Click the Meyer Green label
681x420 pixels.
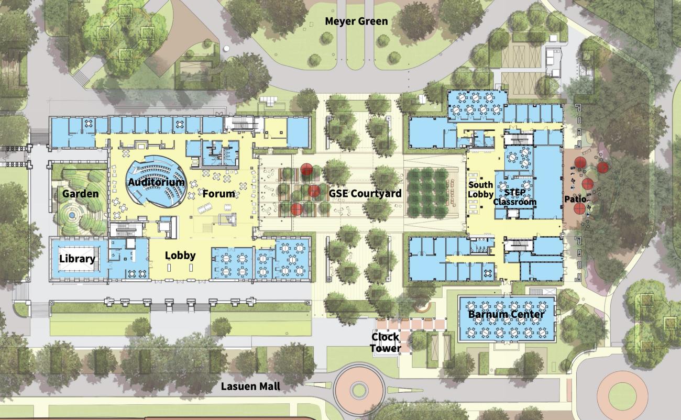(356, 21)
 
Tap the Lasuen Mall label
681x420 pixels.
(251, 386)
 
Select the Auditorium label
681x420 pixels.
(156, 182)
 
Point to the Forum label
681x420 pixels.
(218, 194)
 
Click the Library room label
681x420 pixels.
(77, 259)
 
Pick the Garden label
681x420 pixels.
(80, 194)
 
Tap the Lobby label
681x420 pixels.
(180, 256)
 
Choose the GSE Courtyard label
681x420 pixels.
(365, 193)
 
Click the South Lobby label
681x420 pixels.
(480, 190)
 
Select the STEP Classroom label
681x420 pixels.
(515, 197)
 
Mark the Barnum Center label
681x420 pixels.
(506, 315)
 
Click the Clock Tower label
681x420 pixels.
(386, 342)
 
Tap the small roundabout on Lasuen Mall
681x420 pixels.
(358, 389)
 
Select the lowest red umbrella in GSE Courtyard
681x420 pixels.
(296, 209)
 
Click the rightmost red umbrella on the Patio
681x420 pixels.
(603, 168)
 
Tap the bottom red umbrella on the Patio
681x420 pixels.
(580, 208)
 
